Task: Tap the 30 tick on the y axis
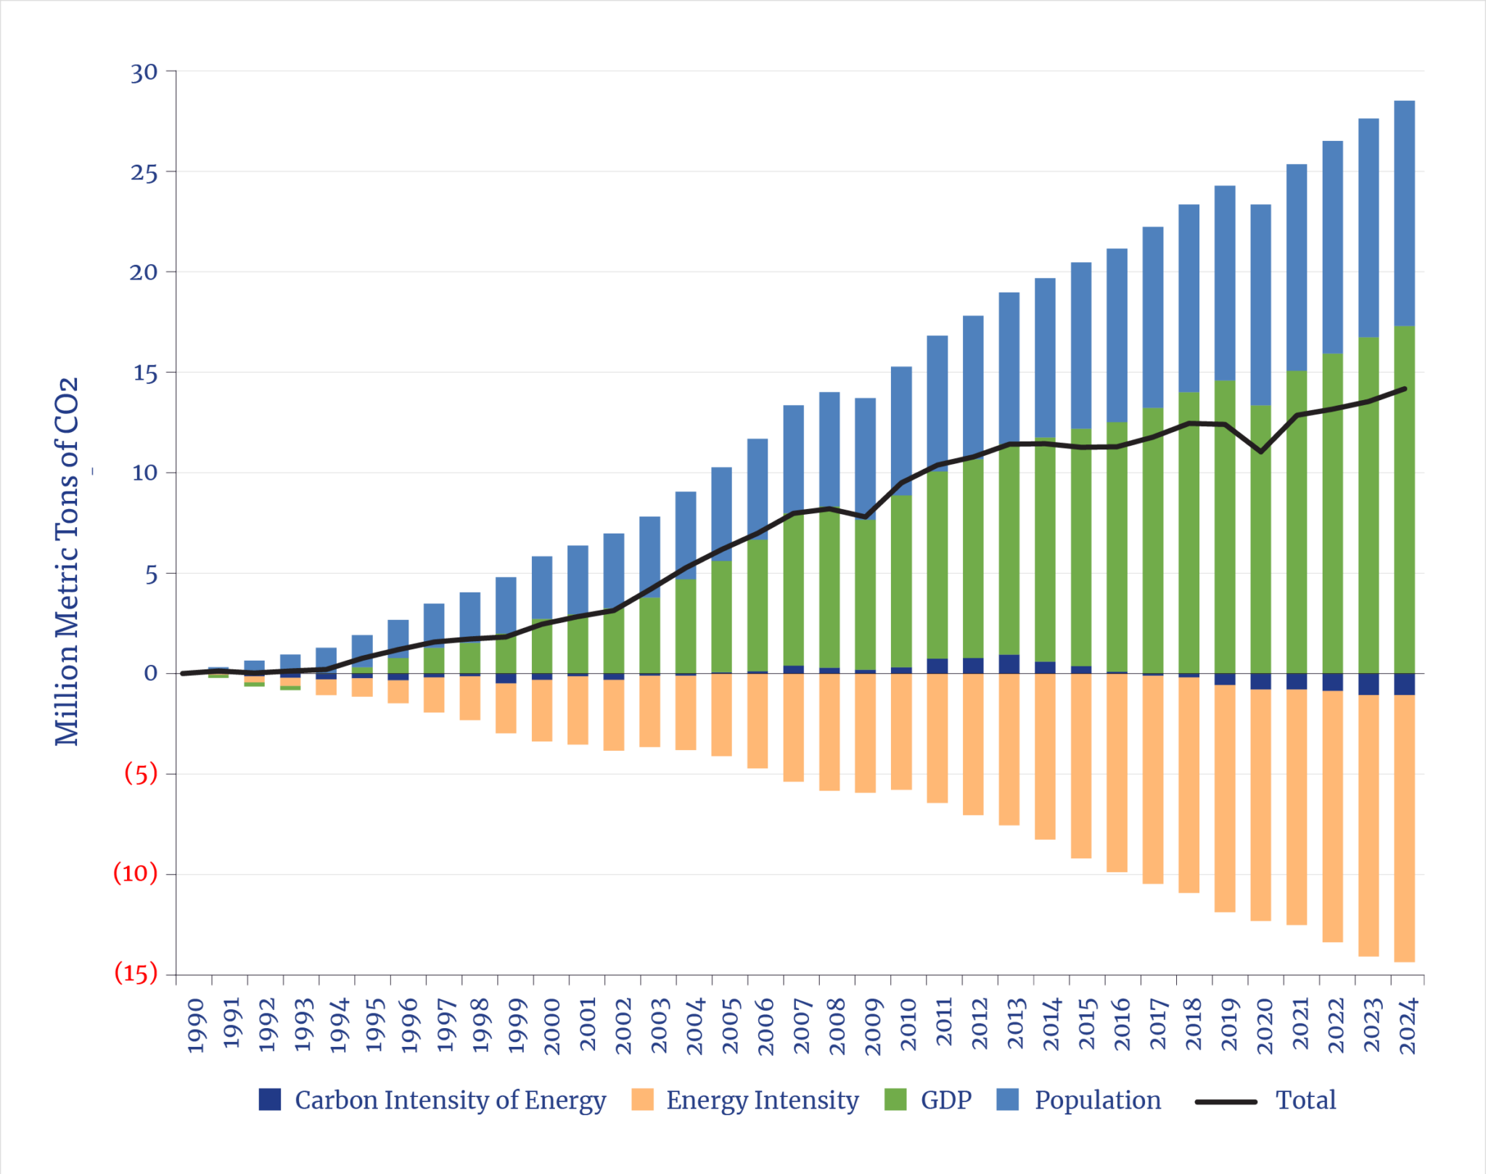(144, 73)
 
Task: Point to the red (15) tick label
(136, 973)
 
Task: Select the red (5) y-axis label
(141, 774)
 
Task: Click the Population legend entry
(1096, 1100)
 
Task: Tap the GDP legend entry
(945, 1100)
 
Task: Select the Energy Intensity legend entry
(761, 1100)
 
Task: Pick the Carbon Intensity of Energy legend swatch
(269, 1099)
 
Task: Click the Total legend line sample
(1226, 1102)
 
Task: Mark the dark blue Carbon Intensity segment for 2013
(1009, 664)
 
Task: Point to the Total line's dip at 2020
(1261, 452)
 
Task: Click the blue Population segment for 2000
(541, 587)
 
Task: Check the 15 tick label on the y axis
(144, 374)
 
